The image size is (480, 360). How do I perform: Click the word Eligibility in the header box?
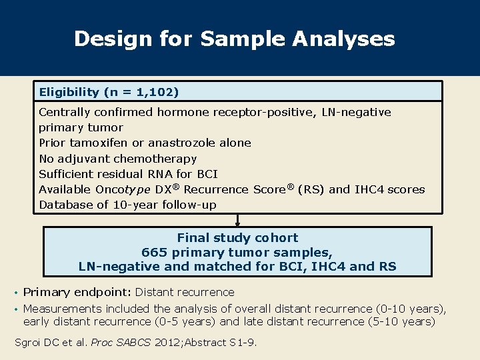[67, 91]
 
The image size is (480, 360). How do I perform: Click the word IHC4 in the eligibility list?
[369, 189]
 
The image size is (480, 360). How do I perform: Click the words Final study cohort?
[237, 237]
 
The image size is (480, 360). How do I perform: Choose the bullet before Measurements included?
[16, 309]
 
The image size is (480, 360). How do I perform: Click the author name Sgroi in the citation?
[29, 343]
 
